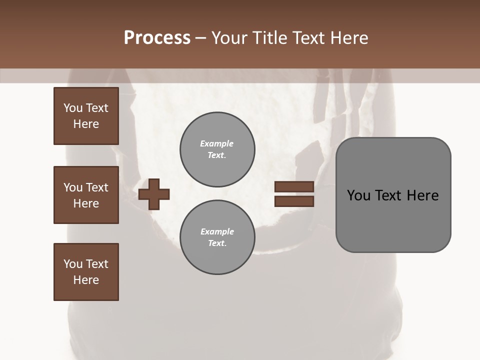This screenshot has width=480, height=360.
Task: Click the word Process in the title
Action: point(157,38)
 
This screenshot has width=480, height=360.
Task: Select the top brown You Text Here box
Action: point(86,116)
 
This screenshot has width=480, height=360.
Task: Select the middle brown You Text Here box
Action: point(86,195)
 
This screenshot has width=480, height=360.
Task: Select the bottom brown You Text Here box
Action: point(86,272)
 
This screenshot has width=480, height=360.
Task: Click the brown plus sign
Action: point(154,194)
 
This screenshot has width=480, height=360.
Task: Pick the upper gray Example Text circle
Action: point(217,149)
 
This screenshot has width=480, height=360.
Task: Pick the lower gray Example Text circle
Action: point(217,237)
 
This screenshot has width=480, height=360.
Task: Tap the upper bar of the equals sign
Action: point(294,187)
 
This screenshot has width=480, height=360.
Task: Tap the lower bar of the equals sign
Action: point(294,201)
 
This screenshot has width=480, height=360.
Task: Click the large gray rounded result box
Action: point(393,194)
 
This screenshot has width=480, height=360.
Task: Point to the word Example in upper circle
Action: point(217,143)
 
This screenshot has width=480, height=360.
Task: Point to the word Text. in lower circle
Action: point(217,243)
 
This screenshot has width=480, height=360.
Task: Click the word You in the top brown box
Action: point(72,108)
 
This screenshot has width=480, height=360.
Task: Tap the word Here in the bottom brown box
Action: point(86,280)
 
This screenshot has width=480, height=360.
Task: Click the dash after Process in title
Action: point(200,38)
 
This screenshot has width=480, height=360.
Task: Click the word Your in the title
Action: point(229,38)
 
